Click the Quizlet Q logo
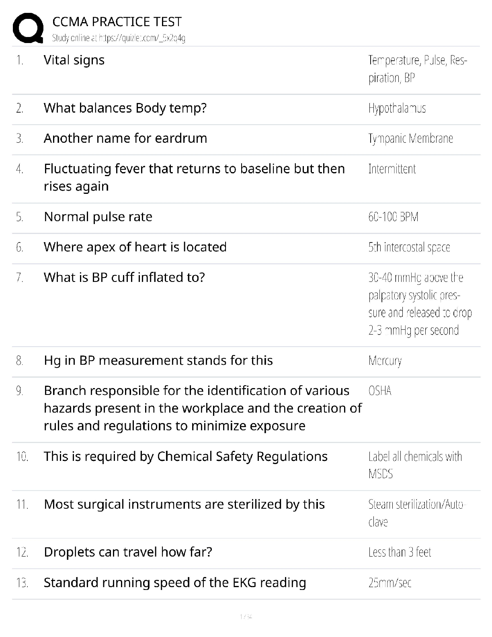point(28,28)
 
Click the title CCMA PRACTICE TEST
point(117,22)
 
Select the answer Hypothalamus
point(397,108)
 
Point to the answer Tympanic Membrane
point(410,138)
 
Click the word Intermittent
point(392,169)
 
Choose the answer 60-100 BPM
point(393,217)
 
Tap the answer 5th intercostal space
point(409,247)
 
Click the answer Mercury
point(385,361)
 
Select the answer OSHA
point(379,391)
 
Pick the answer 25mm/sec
point(389,583)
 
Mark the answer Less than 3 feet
point(400,552)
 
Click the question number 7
point(20,277)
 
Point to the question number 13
point(22,583)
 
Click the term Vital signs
point(74,60)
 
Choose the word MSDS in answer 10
point(380,474)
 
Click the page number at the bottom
point(246,616)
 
